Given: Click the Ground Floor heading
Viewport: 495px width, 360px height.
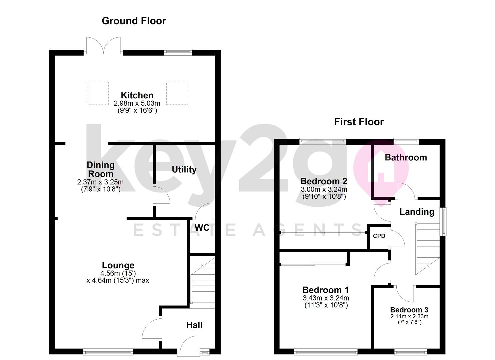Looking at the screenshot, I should point(134,21).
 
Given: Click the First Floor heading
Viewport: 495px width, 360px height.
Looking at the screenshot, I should point(359,122).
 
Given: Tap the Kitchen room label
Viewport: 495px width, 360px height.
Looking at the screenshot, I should point(137,95).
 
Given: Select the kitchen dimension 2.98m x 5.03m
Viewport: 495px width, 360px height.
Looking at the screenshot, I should point(137,103).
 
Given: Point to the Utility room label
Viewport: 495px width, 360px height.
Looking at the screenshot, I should point(184,169).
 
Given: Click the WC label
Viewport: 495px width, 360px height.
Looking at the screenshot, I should point(202,228).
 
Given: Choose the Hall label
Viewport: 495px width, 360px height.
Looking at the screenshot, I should point(194,325).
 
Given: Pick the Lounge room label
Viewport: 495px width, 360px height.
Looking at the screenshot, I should point(118,265).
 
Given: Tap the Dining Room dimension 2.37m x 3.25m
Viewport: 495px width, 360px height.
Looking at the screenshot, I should point(100,182).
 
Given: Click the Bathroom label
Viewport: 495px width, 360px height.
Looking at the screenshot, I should point(406,157).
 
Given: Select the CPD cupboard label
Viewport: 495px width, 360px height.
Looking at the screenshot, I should point(379,236).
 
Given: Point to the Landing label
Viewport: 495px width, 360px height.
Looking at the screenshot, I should point(417,212).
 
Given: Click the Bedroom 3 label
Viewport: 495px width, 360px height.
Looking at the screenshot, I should point(409,310).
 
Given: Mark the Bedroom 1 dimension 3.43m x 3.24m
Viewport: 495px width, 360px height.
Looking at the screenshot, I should point(326,298).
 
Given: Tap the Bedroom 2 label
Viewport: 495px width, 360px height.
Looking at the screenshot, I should point(324,181).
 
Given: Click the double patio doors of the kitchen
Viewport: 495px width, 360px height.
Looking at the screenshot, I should point(103,46).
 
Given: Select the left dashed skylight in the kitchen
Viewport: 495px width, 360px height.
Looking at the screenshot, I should point(98,93).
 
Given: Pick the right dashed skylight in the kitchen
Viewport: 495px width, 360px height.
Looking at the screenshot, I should point(177,93).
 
